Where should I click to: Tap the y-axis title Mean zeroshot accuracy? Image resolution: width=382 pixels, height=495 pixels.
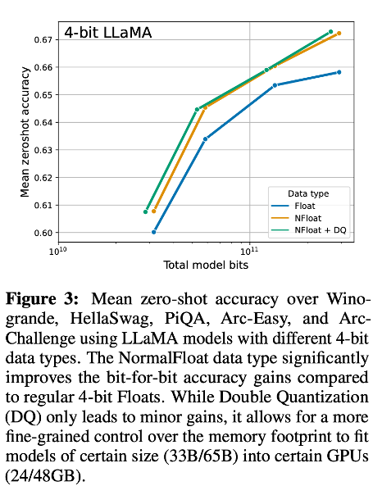pos(25,136)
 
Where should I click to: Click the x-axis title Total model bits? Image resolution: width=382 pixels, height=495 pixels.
pos(206,265)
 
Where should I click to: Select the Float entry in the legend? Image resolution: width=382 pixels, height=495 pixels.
pos(304,206)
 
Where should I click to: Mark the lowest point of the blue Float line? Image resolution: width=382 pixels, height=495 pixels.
pos(154,232)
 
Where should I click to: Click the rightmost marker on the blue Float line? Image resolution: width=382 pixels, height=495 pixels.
pos(339,72)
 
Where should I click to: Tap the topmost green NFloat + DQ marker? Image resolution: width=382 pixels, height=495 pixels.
pos(330,31)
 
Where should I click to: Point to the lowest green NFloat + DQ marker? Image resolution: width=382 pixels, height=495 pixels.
pos(146,211)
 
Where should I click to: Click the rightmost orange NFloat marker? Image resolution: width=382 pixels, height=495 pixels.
pos(339,34)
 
